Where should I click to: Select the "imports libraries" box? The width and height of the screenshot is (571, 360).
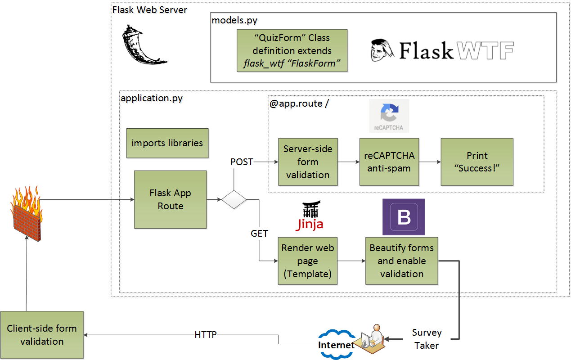(x=167, y=143)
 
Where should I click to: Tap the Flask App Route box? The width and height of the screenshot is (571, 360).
(x=170, y=199)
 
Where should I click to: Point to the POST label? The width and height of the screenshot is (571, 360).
(x=242, y=162)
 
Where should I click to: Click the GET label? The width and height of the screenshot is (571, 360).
(x=259, y=233)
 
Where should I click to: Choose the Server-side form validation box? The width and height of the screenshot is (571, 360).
(x=308, y=162)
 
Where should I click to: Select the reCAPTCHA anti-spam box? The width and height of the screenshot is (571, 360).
(x=389, y=162)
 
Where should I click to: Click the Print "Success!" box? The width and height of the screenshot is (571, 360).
(x=477, y=162)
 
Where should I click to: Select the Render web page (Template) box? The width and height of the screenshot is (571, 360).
(x=308, y=261)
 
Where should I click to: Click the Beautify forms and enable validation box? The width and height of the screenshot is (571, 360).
(x=401, y=261)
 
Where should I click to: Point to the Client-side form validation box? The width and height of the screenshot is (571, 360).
(x=42, y=335)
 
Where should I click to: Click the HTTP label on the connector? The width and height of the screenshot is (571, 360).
(x=206, y=335)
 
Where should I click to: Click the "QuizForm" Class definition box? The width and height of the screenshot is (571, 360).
(x=292, y=51)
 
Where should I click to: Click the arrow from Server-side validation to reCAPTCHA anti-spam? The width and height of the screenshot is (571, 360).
(x=348, y=162)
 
